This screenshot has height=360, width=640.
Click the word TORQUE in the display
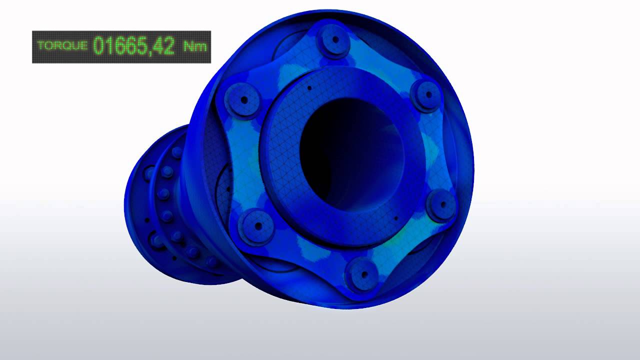pos(62,46)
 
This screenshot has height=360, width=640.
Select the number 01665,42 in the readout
pos(134,46)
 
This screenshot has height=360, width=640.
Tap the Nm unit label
pos(195,47)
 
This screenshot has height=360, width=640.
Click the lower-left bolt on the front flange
pos(258,226)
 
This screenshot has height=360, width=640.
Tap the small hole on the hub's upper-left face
pos(309,88)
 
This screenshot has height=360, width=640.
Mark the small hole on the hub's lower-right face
pos(396,218)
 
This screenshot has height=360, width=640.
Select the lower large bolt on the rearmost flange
pos(157,241)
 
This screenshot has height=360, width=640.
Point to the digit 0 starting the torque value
pos(98,46)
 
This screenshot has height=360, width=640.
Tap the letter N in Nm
pos(190,47)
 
